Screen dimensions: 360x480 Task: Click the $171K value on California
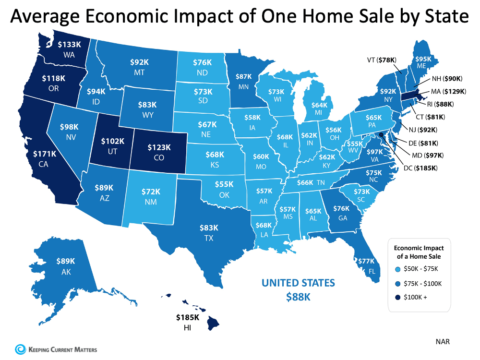[x=43, y=155]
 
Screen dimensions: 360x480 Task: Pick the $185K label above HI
[x=184, y=317]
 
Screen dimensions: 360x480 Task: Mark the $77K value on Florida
[x=366, y=261]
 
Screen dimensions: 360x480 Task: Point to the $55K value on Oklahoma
[x=224, y=184]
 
